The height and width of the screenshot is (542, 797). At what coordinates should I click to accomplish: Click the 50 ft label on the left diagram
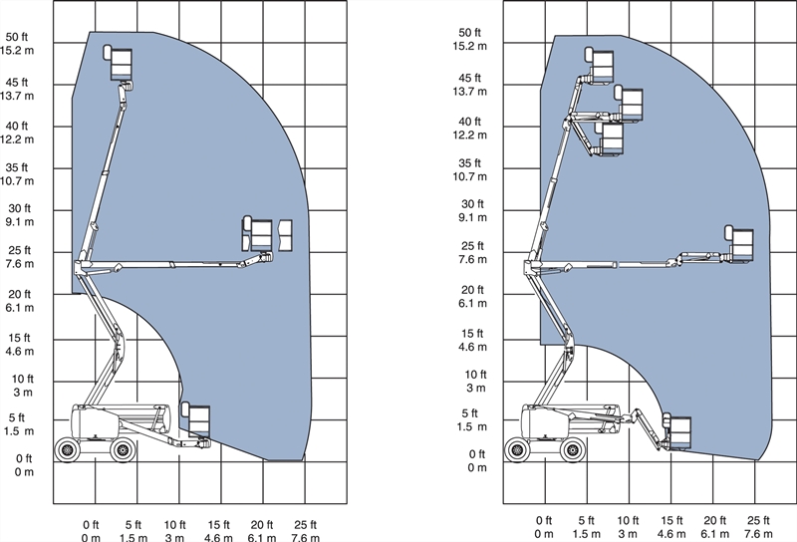(x=17, y=37)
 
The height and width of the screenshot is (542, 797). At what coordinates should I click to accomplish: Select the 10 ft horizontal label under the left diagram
(x=175, y=525)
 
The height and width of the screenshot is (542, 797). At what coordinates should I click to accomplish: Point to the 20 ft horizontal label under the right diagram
(x=714, y=520)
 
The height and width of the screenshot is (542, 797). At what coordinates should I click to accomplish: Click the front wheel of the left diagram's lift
(x=123, y=450)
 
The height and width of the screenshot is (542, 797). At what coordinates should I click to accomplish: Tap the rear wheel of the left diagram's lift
(x=67, y=450)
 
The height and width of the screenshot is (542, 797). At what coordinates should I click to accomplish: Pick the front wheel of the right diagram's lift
(x=573, y=450)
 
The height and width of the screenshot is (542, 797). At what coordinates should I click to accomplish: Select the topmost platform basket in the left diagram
(x=122, y=65)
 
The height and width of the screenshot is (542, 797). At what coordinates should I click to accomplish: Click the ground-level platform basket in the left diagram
(x=198, y=420)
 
